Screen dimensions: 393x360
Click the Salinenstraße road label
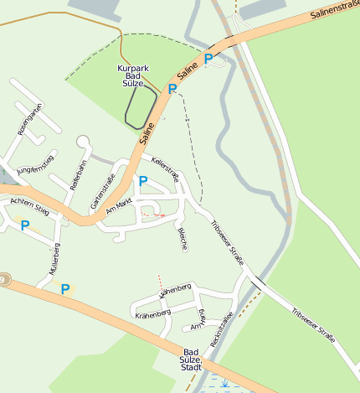tap(334, 10)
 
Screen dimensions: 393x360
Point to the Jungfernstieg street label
tap(35, 164)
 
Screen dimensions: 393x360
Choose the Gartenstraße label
tap(107, 189)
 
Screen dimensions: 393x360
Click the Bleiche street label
tap(183, 238)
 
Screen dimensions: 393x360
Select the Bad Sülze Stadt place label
tap(192, 359)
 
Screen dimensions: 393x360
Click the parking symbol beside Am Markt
tap(142, 181)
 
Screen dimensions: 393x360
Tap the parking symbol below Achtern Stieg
tap(25, 225)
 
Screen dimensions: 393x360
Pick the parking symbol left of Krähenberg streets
tap(65, 289)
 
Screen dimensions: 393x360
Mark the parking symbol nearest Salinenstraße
tap(208, 59)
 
